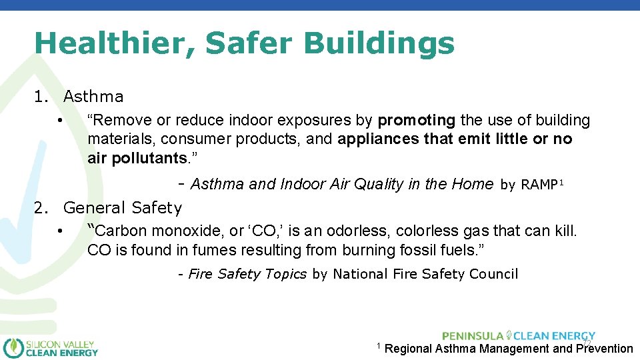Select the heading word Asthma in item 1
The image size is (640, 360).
[93, 97]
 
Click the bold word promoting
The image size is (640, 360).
[417, 121]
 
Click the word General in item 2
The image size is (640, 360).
[95, 208]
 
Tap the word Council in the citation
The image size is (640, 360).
[493, 274]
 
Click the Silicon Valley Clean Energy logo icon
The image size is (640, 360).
[13, 348]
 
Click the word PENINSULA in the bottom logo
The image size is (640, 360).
[472, 336]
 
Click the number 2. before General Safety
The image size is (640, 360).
[41, 208]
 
